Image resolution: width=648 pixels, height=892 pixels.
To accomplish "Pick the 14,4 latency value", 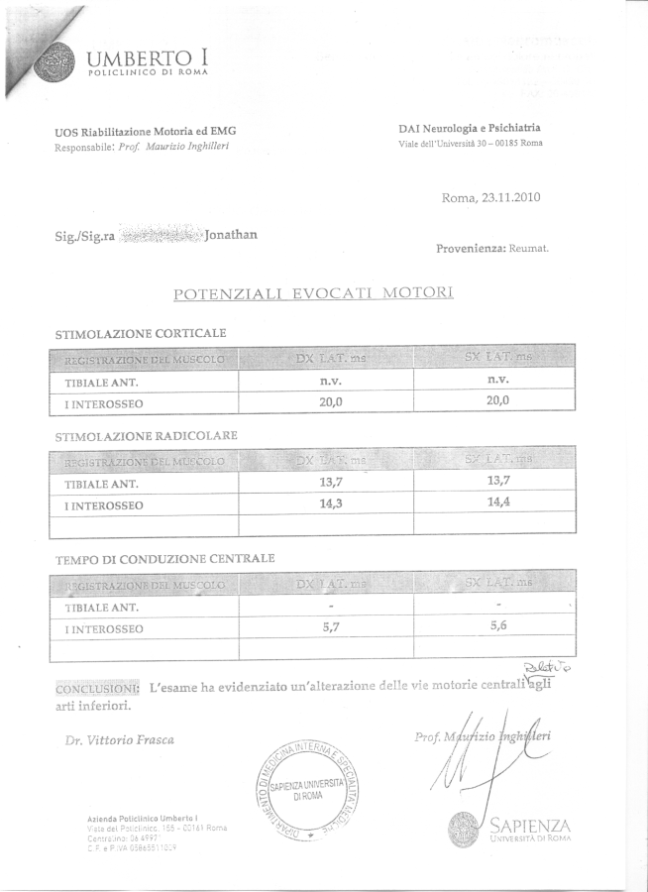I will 497,503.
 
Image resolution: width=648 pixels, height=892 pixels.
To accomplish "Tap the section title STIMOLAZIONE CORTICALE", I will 142,334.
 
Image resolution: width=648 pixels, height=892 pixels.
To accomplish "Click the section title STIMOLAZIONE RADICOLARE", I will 146,435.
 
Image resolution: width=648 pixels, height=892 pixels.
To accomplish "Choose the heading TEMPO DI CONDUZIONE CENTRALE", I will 164,559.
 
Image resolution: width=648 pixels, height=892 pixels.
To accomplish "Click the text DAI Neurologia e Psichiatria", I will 470,128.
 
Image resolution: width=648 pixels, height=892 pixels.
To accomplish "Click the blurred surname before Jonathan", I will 159,236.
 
